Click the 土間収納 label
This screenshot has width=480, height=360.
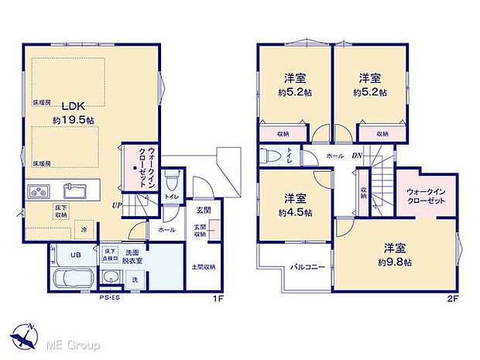(x=204, y=268)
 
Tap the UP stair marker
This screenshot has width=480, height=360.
(x=117, y=205)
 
